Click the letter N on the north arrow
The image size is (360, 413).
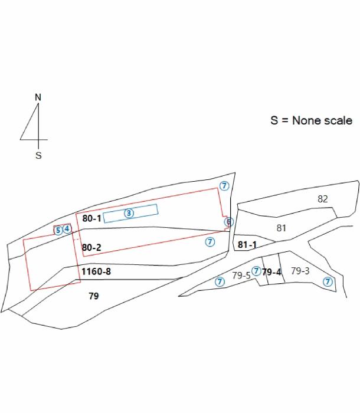(x=38, y=97)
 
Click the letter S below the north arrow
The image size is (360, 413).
(x=38, y=155)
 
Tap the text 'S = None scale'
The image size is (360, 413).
(x=311, y=120)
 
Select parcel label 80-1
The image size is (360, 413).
(x=91, y=218)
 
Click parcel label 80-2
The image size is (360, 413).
(x=91, y=247)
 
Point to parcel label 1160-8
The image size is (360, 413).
(x=96, y=271)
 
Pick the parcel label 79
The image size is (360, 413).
(x=94, y=296)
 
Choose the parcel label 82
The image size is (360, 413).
(x=323, y=199)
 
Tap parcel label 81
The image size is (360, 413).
(x=281, y=228)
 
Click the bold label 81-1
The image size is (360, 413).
(x=247, y=245)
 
